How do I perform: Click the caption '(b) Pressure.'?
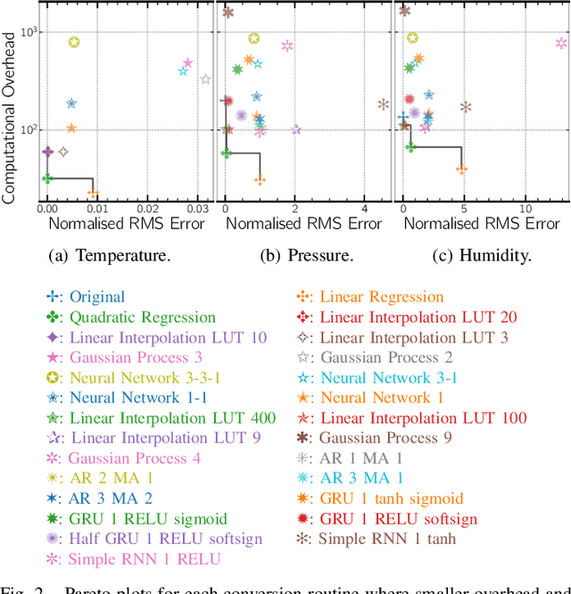(307, 256)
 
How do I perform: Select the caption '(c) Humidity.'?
(483, 256)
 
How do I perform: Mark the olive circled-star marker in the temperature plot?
(74, 42)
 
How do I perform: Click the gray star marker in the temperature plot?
(205, 79)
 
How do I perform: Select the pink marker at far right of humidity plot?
(560, 42)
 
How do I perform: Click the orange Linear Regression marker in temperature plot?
(92, 192)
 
